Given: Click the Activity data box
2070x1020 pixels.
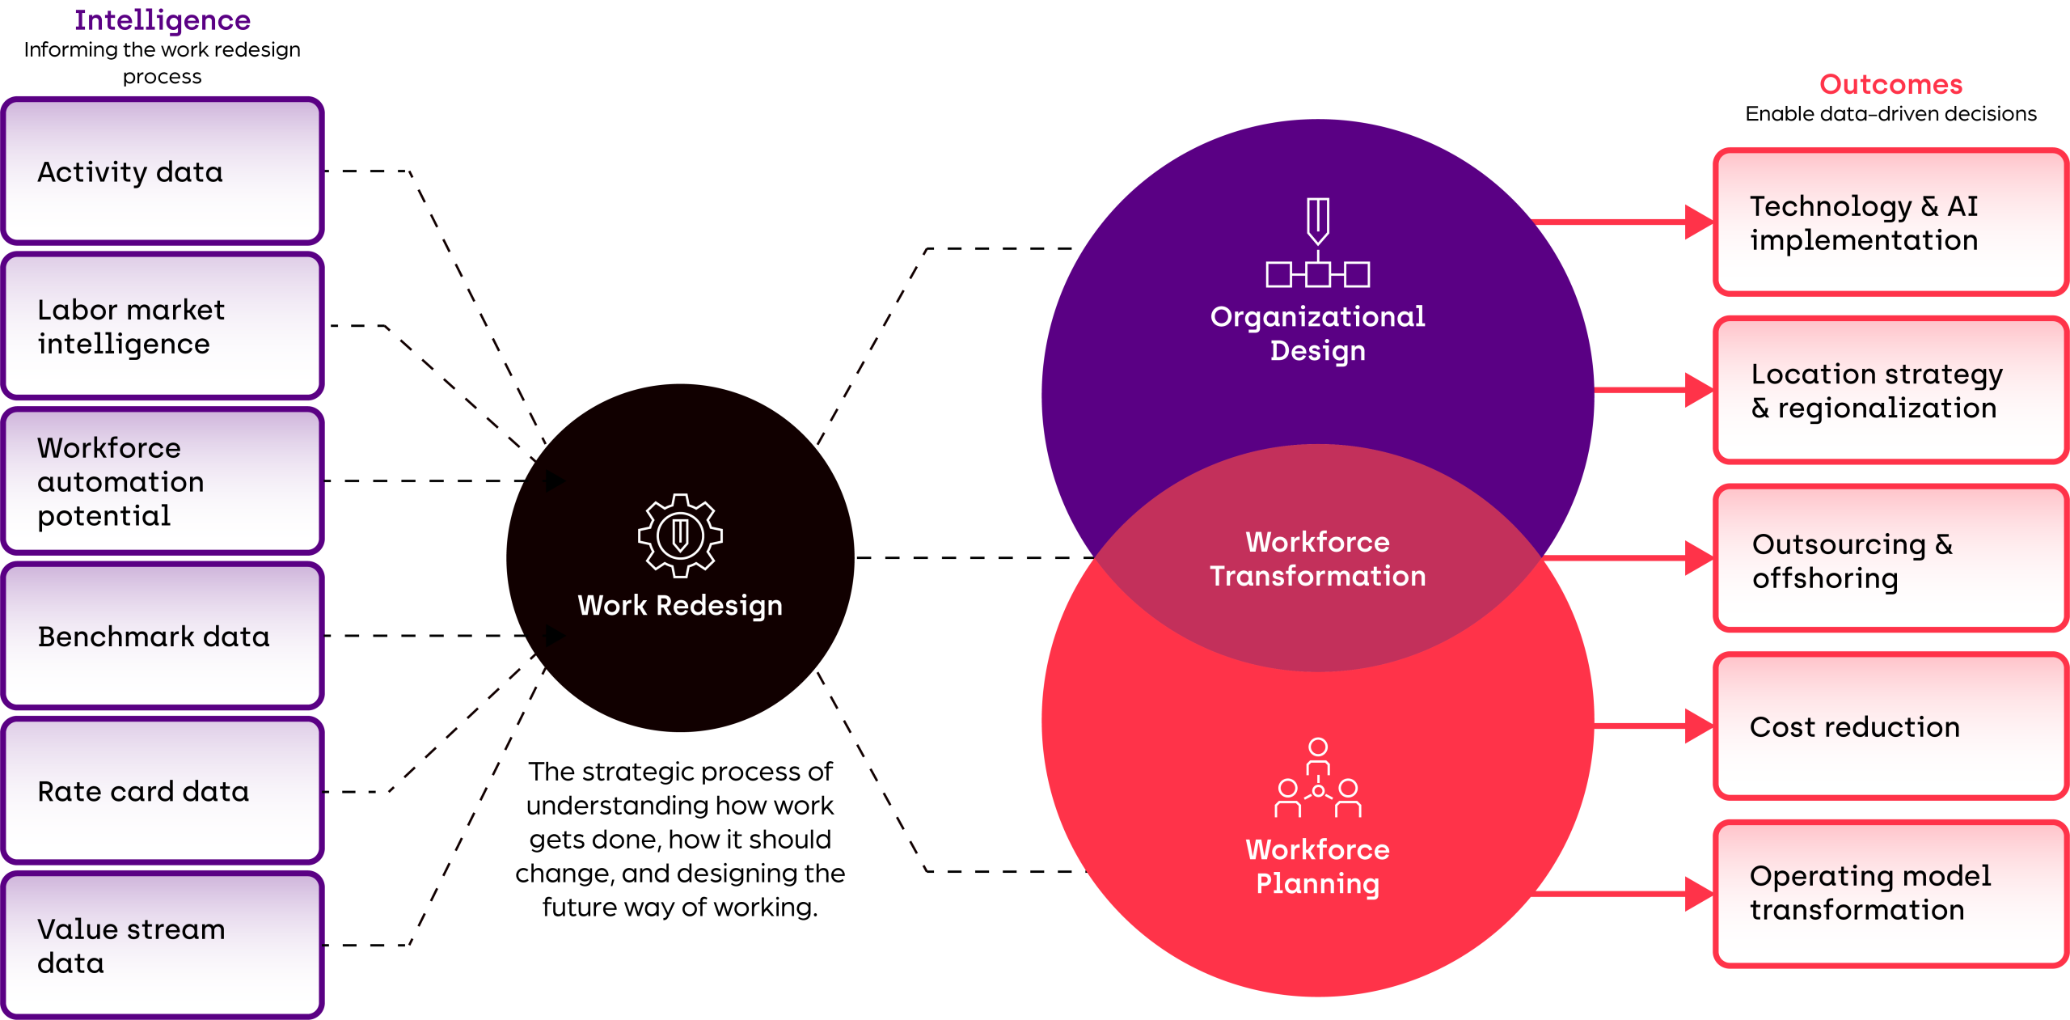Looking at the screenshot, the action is click(163, 171).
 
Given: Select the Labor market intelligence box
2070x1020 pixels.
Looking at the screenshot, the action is click(163, 326).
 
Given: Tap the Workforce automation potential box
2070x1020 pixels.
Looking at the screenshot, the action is click(163, 480).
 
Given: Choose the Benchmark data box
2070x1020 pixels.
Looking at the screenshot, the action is click(163, 636).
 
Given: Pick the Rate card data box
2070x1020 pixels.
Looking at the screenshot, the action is click(163, 790).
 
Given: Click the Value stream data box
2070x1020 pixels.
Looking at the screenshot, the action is click(163, 945).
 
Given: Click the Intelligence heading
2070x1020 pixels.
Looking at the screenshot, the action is click(163, 20).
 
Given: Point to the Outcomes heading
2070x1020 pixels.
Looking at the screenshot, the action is click(1890, 84).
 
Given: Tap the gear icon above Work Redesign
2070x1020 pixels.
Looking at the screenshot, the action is click(680, 535).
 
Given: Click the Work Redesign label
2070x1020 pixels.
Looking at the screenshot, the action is click(680, 606).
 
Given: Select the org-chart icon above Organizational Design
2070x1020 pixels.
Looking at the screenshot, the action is click(1317, 242).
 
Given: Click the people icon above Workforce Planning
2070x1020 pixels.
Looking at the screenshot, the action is click(1318, 777).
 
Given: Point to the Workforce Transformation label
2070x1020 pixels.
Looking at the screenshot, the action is click(1318, 559).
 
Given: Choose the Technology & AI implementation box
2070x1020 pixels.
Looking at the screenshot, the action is click(1890, 222).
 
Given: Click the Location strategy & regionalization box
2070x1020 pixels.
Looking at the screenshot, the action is click(1890, 390).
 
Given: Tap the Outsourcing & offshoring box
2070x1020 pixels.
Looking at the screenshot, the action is click(1890, 558).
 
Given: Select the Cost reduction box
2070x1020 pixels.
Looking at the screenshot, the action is click(1890, 726).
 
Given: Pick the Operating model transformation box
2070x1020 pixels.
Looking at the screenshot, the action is click(1890, 894).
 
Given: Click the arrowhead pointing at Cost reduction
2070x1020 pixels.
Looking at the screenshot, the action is click(1699, 726).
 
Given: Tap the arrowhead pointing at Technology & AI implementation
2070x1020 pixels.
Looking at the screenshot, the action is click(1699, 222).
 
